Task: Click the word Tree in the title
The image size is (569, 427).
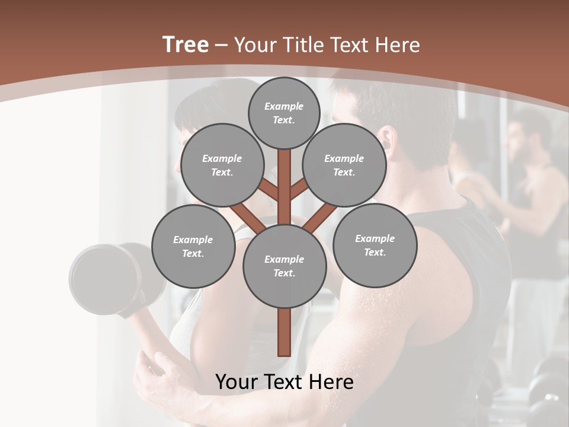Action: point(186,45)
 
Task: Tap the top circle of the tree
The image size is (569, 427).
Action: point(284,113)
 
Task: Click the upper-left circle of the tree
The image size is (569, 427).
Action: point(222,165)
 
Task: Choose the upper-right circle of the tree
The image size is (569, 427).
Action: point(344,165)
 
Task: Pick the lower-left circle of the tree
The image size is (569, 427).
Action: point(193,246)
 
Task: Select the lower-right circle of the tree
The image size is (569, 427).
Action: point(375,245)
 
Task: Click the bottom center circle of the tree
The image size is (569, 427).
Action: point(284,266)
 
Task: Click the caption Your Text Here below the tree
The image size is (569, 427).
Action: point(284,382)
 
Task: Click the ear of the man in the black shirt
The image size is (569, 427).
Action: point(386,140)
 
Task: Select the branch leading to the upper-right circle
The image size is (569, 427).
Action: point(300,190)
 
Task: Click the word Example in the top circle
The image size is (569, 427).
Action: point(284,106)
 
